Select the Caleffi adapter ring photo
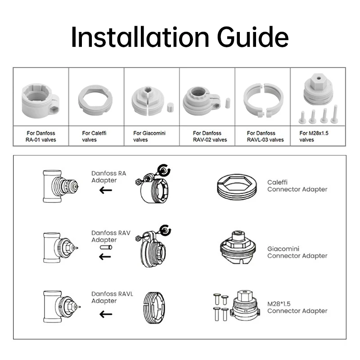tap(95, 99)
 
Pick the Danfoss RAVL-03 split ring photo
tap(263, 99)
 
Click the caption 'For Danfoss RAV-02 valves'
tap(207, 136)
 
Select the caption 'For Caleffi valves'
tap(94, 136)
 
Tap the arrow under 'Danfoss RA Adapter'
tap(106, 190)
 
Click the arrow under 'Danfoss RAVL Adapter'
tap(106, 314)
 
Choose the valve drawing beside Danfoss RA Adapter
tap(59, 185)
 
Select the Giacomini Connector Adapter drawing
tap(238, 249)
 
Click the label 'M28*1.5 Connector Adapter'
tap(297, 307)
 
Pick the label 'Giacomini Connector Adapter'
tap(297, 252)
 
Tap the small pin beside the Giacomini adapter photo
tap(170, 107)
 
